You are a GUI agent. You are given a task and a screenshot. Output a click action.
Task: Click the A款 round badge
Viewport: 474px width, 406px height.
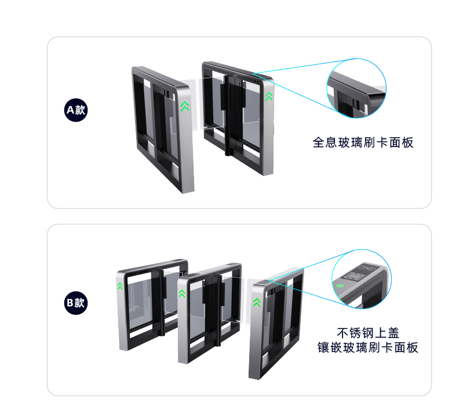76,110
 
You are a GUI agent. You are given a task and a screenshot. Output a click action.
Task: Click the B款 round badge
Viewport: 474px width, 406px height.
76,303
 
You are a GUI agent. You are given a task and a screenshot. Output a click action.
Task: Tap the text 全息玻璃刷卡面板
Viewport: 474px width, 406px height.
363,142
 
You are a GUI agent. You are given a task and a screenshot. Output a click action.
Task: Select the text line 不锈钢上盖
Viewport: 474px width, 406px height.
368,333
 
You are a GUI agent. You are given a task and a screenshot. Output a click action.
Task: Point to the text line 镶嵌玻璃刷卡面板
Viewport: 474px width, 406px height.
368,348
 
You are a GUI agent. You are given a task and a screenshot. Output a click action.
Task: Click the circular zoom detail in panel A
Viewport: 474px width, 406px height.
356,88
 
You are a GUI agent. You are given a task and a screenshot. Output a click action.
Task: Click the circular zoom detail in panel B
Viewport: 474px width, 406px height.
362,279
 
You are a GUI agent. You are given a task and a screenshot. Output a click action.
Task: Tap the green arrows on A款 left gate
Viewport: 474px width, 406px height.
185,107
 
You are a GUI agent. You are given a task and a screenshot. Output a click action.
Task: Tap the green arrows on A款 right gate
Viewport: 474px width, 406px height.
269,96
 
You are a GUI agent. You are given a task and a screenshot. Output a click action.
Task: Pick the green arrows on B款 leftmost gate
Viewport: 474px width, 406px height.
120,286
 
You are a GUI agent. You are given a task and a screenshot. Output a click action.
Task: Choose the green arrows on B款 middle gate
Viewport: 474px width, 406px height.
182,293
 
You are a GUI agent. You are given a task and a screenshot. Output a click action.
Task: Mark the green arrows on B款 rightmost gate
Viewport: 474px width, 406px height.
257,302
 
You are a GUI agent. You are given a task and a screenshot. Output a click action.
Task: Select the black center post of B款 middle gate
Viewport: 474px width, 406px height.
214,308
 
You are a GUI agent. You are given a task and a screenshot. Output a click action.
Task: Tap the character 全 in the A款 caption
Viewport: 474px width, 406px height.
319,142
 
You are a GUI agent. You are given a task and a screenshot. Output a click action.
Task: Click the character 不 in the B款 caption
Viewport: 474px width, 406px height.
343,333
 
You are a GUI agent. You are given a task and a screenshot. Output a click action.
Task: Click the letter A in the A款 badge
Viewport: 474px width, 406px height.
71,110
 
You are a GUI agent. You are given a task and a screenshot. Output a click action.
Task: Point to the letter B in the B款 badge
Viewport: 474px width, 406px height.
70,303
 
